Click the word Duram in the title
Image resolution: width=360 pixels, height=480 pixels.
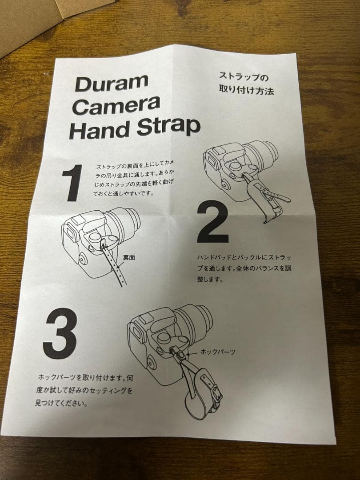[112, 83]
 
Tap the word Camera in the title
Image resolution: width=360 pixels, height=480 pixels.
[116, 105]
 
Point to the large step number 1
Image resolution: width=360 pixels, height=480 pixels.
[73, 183]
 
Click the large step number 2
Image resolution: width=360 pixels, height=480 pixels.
[212, 221]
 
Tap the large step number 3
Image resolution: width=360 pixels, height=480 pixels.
[60, 333]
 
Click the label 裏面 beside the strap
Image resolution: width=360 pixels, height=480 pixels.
[129, 257]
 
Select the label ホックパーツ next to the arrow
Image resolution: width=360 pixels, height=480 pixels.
[218, 352]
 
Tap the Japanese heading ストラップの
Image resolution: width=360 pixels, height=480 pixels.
[244, 76]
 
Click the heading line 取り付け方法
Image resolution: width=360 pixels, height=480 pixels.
[246, 90]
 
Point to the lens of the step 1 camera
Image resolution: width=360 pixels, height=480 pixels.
[123, 222]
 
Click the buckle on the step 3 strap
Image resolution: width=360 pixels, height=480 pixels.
[216, 392]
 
